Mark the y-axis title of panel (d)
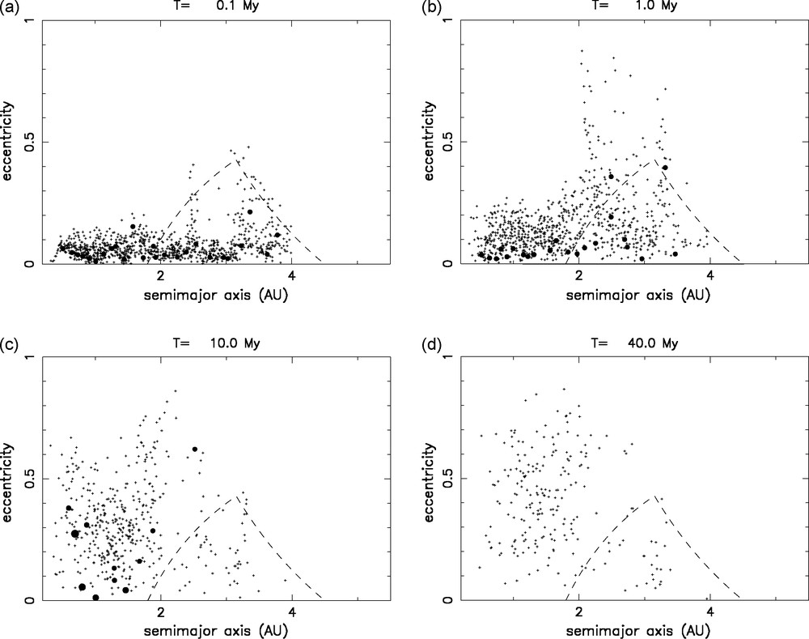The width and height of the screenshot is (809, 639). (426, 478)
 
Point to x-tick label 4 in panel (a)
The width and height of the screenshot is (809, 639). (291, 276)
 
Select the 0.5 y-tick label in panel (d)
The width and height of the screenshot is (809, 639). (443, 479)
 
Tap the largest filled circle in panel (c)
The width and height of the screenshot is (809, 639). (75, 534)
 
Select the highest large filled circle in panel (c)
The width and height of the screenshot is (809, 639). (194, 449)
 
